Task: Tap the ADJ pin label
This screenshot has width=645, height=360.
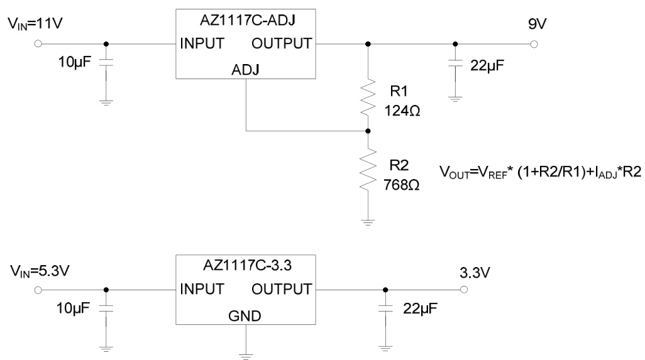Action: [246, 70]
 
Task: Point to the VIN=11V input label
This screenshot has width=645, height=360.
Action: [35, 25]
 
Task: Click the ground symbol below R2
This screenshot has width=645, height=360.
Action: [368, 221]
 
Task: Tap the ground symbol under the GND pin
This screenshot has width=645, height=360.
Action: [246, 355]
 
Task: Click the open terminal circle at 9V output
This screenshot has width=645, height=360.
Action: [534, 44]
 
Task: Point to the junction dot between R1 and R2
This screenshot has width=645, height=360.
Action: [368, 131]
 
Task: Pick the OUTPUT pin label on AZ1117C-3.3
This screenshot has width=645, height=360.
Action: [281, 289]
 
